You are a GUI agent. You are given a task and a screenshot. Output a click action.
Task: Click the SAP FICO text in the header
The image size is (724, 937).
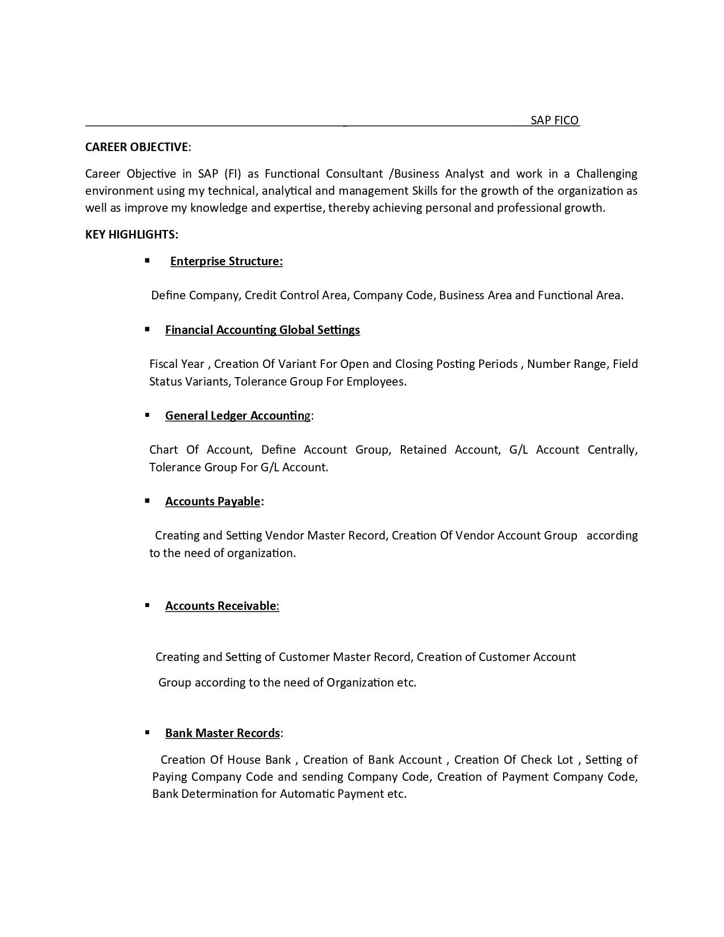click(x=554, y=120)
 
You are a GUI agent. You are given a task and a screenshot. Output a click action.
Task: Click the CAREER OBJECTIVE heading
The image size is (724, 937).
click(x=137, y=147)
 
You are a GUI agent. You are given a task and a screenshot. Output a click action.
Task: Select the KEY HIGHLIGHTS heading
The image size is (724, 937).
click(x=131, y=235)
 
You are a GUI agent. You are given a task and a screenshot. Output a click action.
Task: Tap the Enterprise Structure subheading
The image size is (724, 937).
click(x=226, y=261)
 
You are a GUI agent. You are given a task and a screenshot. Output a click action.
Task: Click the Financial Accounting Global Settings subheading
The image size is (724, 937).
click(x=262, y=330)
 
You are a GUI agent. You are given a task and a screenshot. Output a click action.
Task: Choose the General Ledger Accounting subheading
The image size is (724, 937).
click(x=238, y=416)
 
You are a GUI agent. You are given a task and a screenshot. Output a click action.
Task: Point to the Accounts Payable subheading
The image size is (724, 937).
click(x=213, y=501)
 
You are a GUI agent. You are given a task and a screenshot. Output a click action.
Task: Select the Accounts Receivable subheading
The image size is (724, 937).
click(x=221, y=606)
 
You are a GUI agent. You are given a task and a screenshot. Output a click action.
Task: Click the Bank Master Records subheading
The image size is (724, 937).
click(x=223, y=733)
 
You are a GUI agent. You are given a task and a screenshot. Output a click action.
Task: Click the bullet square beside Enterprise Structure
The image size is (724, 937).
click(x=147, y=261)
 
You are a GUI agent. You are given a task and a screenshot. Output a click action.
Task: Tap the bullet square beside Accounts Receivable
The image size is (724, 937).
click(x=147, y=605)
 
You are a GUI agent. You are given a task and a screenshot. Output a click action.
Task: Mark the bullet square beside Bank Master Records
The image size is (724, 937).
click(x=147, y=733)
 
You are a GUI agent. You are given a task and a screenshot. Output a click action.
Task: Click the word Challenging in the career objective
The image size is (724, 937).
click(x=606, y=174)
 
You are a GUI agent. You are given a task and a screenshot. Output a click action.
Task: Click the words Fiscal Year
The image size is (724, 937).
click(x=177, y=364)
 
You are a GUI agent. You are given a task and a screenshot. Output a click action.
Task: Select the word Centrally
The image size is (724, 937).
click(x=612, y=450)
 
